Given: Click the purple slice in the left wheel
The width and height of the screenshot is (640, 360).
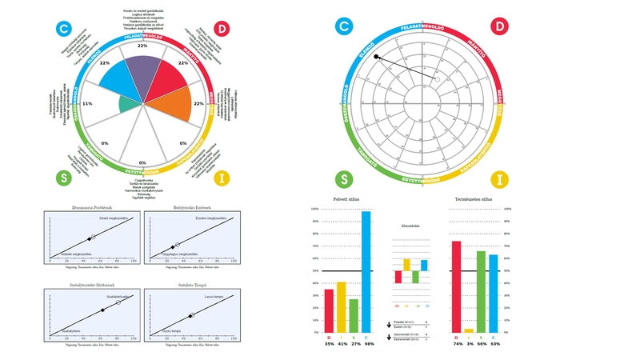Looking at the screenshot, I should point(142,73).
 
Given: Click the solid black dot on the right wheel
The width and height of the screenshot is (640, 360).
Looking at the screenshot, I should point(376,57).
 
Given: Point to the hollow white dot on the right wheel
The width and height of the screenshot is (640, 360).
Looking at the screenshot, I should point(437,78).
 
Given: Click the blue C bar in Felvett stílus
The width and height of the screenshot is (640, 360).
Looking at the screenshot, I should point(367,272).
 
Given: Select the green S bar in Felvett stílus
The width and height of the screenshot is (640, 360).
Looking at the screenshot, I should point(354,316).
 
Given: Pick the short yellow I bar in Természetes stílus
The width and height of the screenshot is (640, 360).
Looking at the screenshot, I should point(469,330).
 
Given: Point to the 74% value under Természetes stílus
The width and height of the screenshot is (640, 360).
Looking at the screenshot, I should point(456,343).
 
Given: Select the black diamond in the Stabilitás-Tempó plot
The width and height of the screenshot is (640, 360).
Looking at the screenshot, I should point(190,317).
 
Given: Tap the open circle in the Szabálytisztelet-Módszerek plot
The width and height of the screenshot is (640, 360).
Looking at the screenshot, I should point(118,302).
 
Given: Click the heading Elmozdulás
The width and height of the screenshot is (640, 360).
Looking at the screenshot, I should point(411,226).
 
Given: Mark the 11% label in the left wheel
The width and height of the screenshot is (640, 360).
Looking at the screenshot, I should point(87,103).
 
